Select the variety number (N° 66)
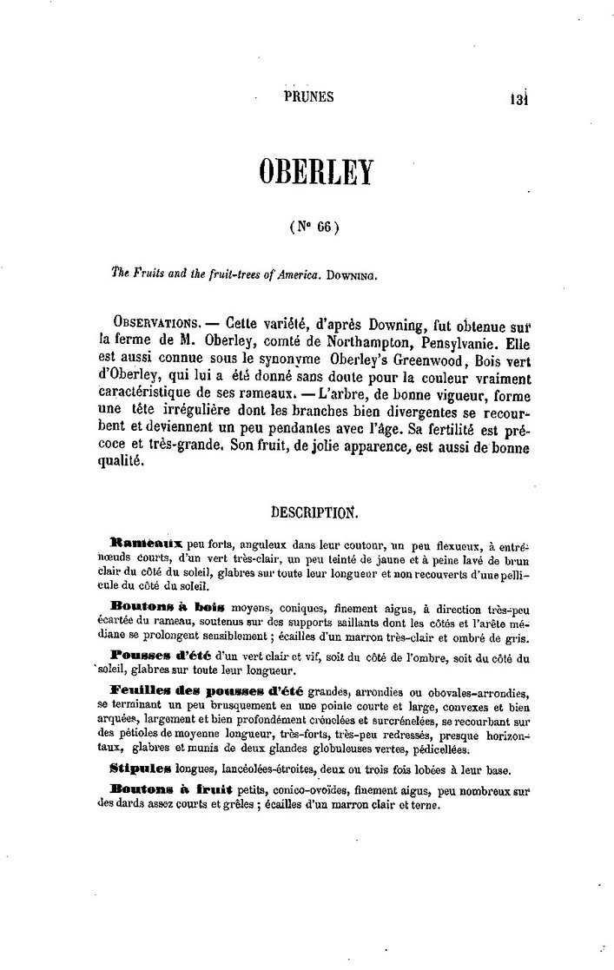pyautogui.click(x=313, y=228)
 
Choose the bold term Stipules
pyautogui.click(x=143, y=770)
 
